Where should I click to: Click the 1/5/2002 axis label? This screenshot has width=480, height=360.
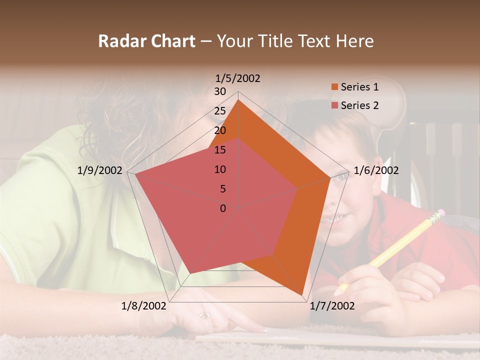[237, 78]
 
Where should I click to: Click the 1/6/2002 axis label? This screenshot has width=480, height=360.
[376, 170]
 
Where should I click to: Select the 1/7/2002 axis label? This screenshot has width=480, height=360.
[332, 306]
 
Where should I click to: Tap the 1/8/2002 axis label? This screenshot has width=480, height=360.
[143, 306]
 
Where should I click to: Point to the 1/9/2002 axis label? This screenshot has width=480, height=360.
[99, 170]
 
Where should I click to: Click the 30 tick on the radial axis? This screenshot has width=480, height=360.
[220, 91]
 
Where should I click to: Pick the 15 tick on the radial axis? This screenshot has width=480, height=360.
[220, 150]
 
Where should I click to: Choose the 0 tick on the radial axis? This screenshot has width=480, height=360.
[223, 208]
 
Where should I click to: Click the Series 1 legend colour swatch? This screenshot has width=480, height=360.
[334, 87]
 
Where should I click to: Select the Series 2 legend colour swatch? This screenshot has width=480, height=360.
[334, 105]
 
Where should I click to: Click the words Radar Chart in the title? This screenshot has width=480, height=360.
[146, 41]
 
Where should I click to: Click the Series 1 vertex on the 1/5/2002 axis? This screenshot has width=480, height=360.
[238, 100]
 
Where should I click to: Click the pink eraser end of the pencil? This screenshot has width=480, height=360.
[438, 214]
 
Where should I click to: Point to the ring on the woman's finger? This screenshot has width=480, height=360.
[204, 315]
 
